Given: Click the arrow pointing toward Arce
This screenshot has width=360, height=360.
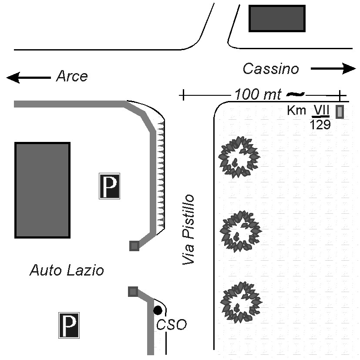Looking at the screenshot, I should click(x=28, y=78).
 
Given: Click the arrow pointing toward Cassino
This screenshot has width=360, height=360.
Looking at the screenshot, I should click(x=333, y=68).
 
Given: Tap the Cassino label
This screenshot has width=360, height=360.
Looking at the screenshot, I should click(x=271, y=69).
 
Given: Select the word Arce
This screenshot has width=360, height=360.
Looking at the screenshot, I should click(x=72, y=77).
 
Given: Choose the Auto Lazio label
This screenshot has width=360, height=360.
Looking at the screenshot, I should click(x=67, y=271).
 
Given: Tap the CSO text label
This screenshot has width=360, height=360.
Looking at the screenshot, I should click(x=171, y=325).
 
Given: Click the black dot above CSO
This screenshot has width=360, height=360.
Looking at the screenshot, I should click(x=158, y=310).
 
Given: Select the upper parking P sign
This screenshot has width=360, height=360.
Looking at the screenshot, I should click(x=110, y=186).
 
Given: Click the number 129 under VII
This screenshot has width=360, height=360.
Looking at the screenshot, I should click(x=320, y=125).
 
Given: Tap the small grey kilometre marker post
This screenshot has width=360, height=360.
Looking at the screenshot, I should click(x=340, y=112).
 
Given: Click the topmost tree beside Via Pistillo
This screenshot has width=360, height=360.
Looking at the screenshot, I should click(x=239, y=156).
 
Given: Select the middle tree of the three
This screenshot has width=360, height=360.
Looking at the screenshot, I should click(x=240, y=231).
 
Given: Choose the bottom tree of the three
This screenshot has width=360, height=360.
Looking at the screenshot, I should click(x=241, y=301).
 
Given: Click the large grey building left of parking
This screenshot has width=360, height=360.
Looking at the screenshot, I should click(x=43, y=190).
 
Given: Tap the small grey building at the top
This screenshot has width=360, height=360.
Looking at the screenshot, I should click(x=276, y=19).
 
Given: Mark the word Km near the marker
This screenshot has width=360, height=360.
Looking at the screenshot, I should click(x=296, y=111).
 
